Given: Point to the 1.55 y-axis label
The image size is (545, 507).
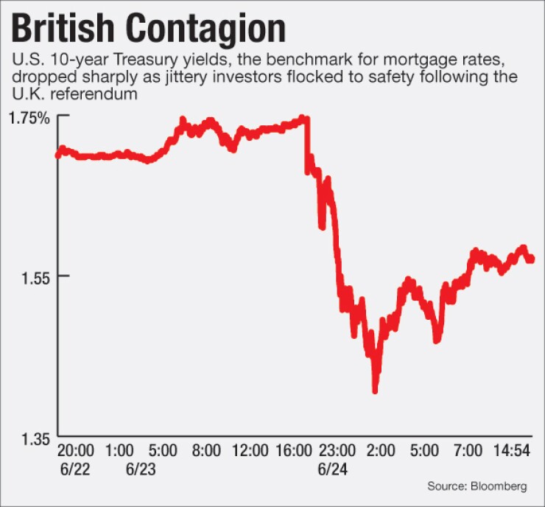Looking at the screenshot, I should pos(32,276).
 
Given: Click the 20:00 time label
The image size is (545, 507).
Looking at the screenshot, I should pos(74,449).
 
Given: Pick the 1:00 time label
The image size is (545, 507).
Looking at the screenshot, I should pos(119,449).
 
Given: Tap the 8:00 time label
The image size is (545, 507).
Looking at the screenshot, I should pos(205,449).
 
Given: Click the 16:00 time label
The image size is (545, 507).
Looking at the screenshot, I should pos(295,449).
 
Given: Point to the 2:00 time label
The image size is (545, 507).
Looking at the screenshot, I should pos(381,449).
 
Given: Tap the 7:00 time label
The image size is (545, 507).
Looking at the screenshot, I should pos(467,449).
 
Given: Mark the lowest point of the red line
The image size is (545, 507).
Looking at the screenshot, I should pos(375,391).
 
